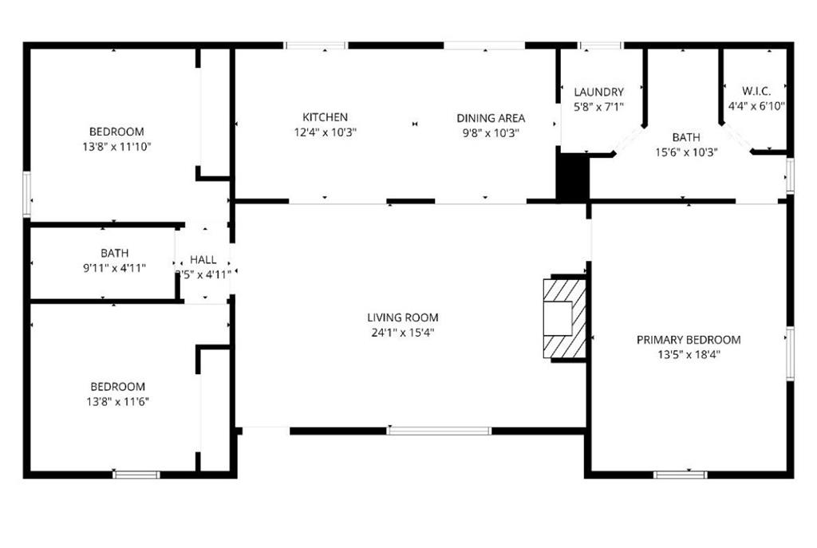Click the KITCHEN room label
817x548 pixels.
tap(325, 117)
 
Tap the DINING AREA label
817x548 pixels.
tap(491, 118)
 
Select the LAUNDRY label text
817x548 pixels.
tap(598, 93)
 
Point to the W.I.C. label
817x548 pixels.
tap(756, 91)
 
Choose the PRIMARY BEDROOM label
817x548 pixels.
tap(689, 340)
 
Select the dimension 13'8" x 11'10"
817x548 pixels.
tap(116, 147)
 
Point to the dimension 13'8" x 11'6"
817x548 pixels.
tap(116, 401)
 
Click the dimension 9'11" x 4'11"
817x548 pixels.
tap(114, 268)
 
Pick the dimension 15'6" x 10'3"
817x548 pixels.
tap(686, 152)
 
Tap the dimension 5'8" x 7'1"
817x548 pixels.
tap(598, 107)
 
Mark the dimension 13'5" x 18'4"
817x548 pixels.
tap(689, 355)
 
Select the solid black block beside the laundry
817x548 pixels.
tap(572, 176)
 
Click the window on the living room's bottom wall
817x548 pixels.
tap(439, 431)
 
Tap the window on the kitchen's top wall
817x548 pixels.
tap(316, 45)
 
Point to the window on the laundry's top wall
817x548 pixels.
tap(601, 45)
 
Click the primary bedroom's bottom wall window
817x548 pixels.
tap(680, 475)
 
